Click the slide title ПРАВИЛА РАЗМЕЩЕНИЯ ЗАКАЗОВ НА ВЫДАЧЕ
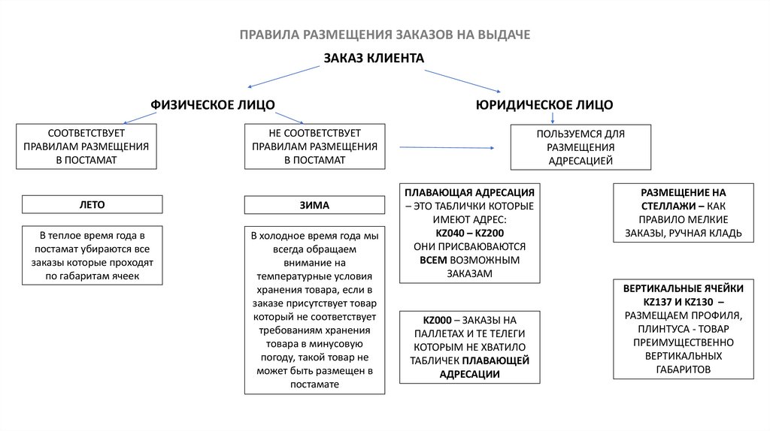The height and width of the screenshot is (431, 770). pyautogui.click(x=385, y=35)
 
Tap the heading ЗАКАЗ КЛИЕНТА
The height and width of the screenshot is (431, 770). pyautogui.click(x=374, y=58)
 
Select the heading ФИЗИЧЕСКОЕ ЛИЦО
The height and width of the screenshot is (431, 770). pyautogui.click(x=213, y=104)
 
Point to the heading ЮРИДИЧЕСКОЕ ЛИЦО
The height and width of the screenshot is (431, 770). pyautogui.click(x=544, y=104)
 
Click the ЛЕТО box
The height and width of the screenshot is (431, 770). pyautogui.click(x=92, y=204)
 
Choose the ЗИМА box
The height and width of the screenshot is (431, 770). pyautogui.click(x=314, y=204)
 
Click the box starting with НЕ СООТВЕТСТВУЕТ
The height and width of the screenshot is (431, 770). pyautogui.click(x=314, y=146)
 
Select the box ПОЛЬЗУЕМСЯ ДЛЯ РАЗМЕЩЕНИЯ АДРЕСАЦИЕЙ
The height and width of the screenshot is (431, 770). pyautogui.click(x=581, y=147)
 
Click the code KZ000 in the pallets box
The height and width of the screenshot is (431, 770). pyautogui.click(x=438, y=319)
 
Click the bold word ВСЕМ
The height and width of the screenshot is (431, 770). pyautogui.click(x=434, y=260)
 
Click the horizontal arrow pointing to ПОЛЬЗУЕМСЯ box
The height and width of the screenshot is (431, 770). pyautogui.click(x=446, y=148)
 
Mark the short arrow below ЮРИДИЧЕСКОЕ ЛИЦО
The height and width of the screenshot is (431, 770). pyautogui.click(x=553, y=117)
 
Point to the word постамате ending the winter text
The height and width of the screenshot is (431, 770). pyautogui.click(x=314, y=384)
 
